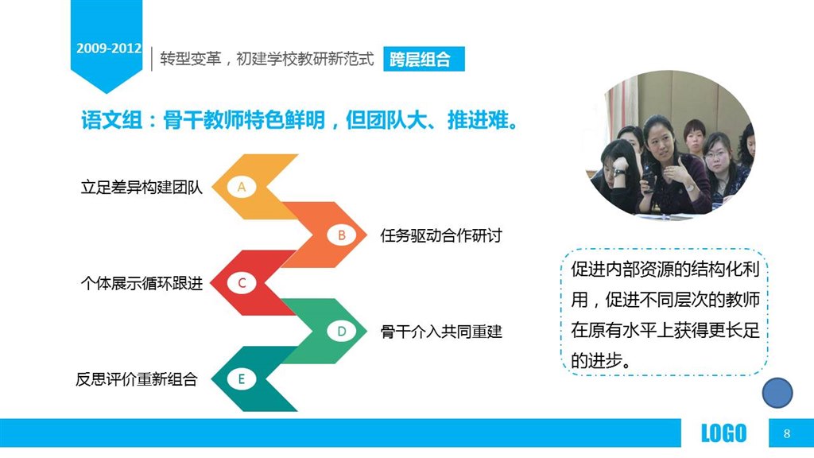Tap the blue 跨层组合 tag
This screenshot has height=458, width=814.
coord(424,59)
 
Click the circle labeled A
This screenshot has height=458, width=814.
coord(242,187)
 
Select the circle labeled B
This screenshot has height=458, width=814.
coord(342,235)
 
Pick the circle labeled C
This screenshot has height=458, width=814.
coord(242,284)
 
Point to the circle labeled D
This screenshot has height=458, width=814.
coord(342,332)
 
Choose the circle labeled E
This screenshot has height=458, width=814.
coord(242,379)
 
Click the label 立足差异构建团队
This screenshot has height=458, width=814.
coord(141,187)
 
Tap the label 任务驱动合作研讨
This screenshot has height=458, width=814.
coord(440,235)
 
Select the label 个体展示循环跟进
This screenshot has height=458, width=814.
coord(141,284)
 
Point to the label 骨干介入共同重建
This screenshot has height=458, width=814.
coord(440,332)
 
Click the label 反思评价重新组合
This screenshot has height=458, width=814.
coord(137,379)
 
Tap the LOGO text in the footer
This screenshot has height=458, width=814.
coord(723,433)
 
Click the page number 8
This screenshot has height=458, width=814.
coord(787,433)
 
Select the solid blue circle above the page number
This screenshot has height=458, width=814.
coord(777,393)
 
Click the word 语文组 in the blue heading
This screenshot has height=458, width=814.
coord(111,121)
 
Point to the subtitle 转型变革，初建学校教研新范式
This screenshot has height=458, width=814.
coord(267,59)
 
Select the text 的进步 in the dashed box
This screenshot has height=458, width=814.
coord(596,360)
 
